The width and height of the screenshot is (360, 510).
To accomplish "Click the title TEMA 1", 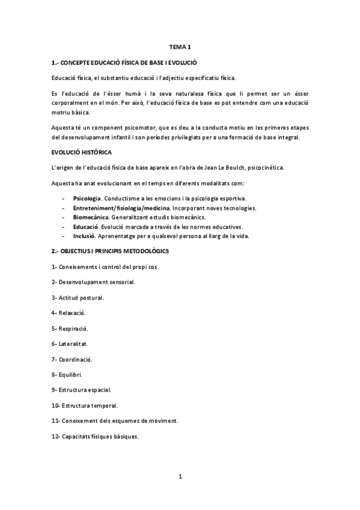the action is click(180, 47).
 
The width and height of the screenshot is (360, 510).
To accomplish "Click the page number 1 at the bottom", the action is click(180, 477).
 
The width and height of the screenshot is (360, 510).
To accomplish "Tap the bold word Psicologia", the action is click(87, 198).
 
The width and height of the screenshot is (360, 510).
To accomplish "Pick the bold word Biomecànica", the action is click(91, 217).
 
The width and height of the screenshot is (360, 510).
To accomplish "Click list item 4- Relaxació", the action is click(69, 313).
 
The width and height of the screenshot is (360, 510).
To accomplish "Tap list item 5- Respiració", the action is click(70, 328).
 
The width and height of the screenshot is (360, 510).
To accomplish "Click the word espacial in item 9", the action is click(98, 390).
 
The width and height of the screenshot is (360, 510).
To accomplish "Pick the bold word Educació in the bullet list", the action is click(85, 227).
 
